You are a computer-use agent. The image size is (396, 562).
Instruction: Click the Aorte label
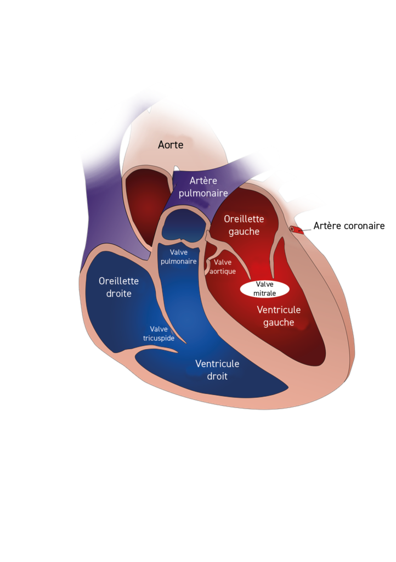171,145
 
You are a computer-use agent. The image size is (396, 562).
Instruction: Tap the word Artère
203,181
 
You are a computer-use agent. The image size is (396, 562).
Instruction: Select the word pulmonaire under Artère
203,193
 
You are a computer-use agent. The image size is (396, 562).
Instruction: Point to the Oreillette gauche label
244,225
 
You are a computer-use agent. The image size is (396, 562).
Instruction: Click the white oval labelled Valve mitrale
265,289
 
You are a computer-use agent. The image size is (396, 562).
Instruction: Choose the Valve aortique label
223,267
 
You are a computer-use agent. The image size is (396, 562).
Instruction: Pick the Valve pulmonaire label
179,257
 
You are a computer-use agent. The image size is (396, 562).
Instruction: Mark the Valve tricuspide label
159,333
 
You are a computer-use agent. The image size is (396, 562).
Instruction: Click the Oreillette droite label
118,287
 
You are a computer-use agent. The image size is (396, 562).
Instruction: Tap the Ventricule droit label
217,370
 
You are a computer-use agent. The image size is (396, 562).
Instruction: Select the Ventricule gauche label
279,316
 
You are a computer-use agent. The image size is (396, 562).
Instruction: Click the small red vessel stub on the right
297,229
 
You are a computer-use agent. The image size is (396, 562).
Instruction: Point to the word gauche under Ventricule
279,323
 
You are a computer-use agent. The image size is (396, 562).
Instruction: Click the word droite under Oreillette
118,294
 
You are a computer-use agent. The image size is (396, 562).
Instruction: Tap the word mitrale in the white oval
265,294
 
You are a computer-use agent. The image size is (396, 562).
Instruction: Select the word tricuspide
159,338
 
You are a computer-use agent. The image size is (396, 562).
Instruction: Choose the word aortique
223,271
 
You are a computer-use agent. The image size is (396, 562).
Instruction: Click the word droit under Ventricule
217,376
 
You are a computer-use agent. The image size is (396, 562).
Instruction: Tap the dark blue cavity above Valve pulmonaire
183,225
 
